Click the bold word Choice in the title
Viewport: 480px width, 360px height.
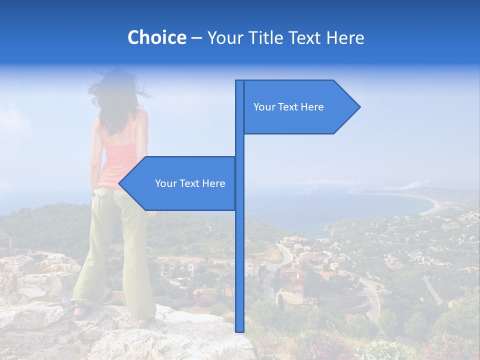[x=156, y=38]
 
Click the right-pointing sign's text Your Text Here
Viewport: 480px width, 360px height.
[x=288, y=107]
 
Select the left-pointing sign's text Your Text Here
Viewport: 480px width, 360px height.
[x=190, y=183]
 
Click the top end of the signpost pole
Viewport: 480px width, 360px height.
[x=239, y=81]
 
